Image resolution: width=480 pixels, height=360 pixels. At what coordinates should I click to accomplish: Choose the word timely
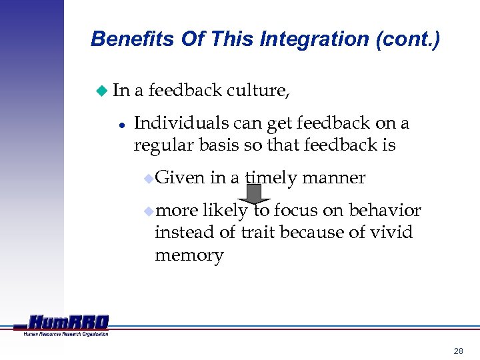pos(271,178)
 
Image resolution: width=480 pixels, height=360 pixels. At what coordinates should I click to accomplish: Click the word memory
pos(189,255)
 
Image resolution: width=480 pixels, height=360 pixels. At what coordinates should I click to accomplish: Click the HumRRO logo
pos(67,322)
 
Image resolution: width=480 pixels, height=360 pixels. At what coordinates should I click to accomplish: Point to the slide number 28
pos(458,351)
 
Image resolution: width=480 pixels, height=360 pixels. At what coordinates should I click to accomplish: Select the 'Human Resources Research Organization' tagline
pos(66,333)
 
